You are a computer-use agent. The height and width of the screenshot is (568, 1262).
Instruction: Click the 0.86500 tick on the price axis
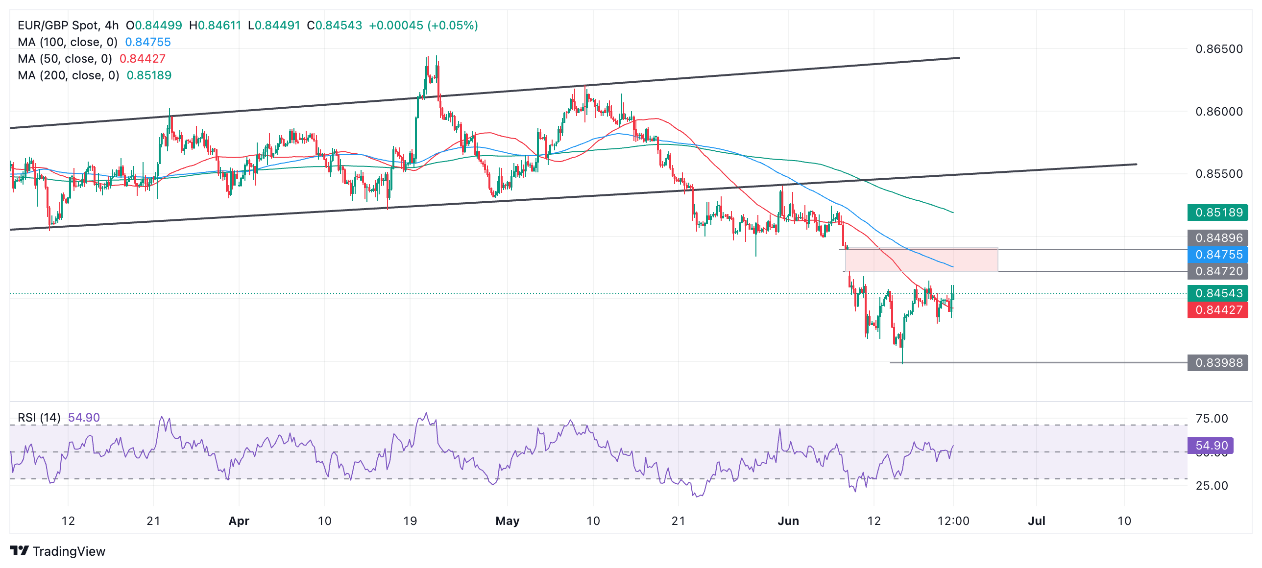1219,49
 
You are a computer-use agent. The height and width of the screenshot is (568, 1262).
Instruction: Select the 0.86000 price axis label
1219,112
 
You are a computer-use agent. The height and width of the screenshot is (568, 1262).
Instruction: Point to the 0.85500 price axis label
1219,174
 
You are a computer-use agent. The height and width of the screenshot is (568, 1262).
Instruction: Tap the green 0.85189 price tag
1218,213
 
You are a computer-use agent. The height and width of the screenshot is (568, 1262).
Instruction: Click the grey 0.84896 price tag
1218,238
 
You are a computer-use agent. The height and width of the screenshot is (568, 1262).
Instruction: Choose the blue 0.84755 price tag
1218,255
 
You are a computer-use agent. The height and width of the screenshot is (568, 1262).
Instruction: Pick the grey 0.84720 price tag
1218,271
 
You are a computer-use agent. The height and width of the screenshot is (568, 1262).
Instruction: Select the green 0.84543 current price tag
1218,293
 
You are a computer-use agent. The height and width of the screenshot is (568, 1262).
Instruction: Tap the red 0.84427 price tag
1218,310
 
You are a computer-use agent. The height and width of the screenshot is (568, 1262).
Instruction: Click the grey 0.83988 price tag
1218,363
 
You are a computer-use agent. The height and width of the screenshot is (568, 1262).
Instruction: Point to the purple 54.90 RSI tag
1211,446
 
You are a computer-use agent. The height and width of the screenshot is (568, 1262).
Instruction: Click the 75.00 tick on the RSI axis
1212,419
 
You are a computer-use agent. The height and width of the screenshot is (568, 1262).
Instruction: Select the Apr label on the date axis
239,521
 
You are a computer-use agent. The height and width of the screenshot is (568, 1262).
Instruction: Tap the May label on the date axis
507,521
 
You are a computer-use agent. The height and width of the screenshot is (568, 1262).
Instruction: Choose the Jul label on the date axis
1036,521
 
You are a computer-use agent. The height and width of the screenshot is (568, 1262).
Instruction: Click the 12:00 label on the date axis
953,521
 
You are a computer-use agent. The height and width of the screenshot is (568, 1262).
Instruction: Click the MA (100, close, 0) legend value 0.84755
148,42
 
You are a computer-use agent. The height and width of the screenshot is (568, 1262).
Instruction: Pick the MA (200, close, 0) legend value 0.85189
149,75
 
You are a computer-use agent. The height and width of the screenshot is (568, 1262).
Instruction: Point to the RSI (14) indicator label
39,418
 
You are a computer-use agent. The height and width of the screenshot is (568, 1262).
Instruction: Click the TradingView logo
57,551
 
